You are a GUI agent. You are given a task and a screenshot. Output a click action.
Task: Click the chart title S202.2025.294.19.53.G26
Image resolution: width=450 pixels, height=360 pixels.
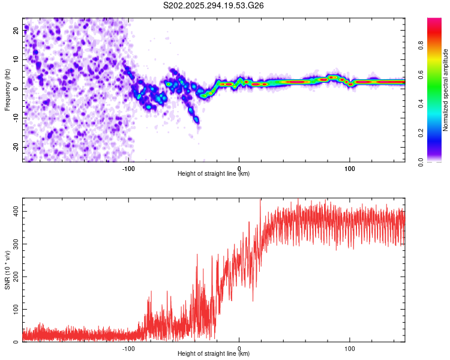[x=214, y=7]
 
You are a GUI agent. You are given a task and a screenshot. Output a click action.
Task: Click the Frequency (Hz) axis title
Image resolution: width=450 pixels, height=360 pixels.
[x=8, y=89]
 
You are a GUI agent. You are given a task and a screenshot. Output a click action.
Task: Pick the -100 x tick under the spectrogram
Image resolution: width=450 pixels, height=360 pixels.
[x=128, y=167]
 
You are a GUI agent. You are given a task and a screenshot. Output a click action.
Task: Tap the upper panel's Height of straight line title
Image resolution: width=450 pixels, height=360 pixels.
[x=214, y=174]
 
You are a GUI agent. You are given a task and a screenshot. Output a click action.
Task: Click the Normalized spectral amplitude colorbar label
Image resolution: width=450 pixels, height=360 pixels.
[x=446, y=90]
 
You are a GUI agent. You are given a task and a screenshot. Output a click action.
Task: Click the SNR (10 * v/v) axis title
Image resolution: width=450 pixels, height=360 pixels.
[x=8, y=269]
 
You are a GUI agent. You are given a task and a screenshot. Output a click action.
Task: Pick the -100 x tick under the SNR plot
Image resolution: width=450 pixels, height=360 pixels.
[x=128, y=348]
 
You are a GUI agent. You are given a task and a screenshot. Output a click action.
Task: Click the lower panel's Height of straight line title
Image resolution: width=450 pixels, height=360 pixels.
[x=214, y=355]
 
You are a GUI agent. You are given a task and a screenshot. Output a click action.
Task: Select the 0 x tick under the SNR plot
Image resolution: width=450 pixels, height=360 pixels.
[x=239, y=348]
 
